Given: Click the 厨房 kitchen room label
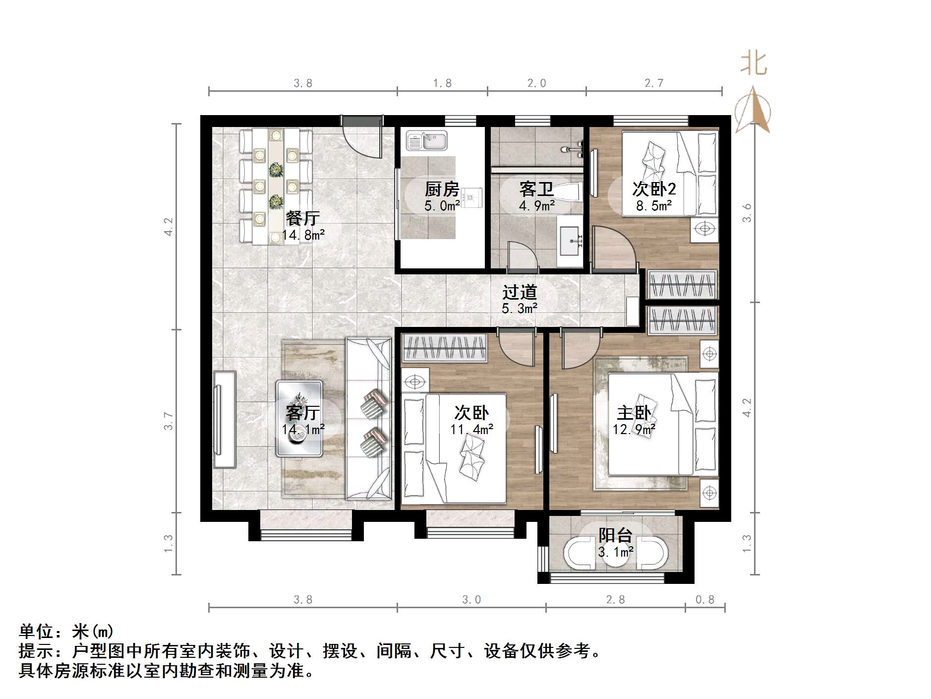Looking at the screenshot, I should click(x=442, y=189).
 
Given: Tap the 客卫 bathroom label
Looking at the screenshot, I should click(x=536, y=189).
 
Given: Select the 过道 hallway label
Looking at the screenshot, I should click(x=519, y=292).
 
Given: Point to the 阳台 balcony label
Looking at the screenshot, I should click(x=615, y=535).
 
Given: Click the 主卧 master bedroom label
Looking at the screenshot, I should click(x=634, y=413).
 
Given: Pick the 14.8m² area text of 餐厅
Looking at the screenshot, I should click(x=303, y=235).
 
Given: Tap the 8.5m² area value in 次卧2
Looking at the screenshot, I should click(x=654, y=206).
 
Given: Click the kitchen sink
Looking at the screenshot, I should click(x=427, y=141).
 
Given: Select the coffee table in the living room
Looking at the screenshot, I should click(x=299, y=418).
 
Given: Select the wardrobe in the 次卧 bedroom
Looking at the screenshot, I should click(x=444, y=347).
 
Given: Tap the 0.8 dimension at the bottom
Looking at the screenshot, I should click(x=704, y=600).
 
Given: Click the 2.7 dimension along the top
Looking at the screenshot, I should click(x=653, y=83).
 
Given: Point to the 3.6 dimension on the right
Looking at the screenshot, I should click(x=747, y=213).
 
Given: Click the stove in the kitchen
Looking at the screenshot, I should click(x=471, y=197).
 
